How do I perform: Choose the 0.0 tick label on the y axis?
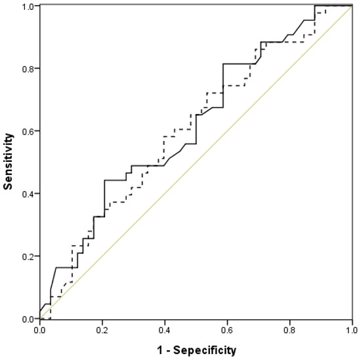coord(27,319)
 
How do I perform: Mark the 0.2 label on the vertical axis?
coord(27,256)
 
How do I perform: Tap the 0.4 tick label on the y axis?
coord(27,193)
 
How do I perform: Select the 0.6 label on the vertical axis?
coord(27,131)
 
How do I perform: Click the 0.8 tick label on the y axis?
coord(27,68)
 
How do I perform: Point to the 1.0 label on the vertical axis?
coord(27,7)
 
